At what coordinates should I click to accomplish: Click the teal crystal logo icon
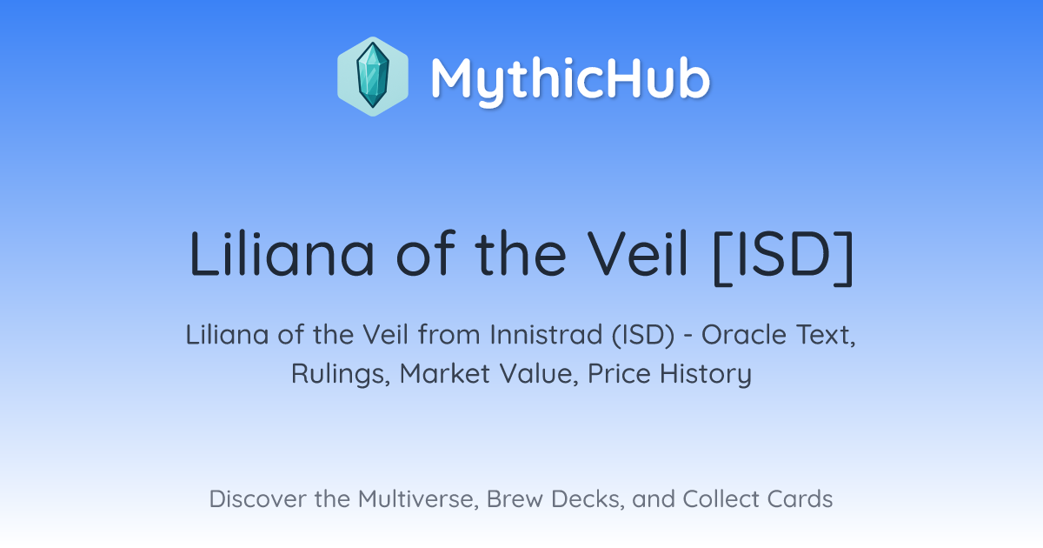tap(373, 77)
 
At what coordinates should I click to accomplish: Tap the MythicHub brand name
tap(570, 80)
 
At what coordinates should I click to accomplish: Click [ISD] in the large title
tap(784, 256)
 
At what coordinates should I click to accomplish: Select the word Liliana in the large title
tap(282, 254)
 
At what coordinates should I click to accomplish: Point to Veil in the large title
tap(637, 254)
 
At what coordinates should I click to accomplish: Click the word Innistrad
tap(546, 335)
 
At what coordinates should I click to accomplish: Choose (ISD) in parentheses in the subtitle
tap(643, 336)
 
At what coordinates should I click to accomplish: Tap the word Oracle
tap(744, 335)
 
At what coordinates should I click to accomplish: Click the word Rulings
tap(341, 374)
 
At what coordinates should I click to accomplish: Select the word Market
tap(445, 373)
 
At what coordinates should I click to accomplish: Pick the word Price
tap(619, 373)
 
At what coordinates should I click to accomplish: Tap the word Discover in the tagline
tap(257, 499)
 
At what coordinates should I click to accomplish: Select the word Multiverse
tap(418, 499)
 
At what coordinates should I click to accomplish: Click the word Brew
tap(515, 499)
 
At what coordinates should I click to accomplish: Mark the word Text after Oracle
tap(826, 336)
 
